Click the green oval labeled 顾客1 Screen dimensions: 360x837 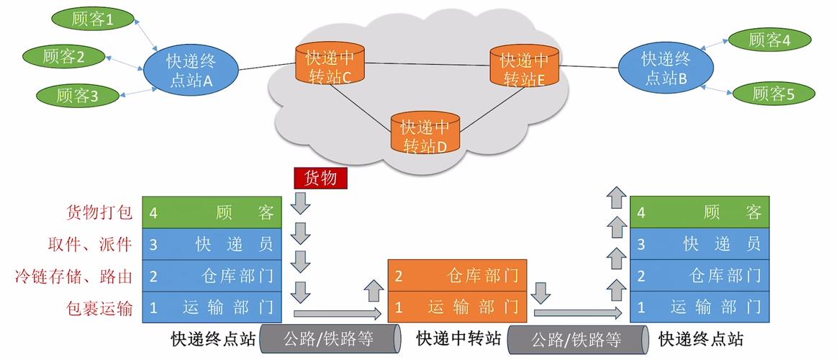pyautogui.click(x=93, y=19)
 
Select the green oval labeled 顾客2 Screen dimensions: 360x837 pyautogui.click(x=65, y=57)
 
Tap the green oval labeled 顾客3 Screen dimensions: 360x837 pyautogui.click(x=77, y=95)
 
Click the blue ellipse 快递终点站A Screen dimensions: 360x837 pyautogui.click(x=190, y=70)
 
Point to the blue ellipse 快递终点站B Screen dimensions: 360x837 pyautogui.click(x=666, y=68)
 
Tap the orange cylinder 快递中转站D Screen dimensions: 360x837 pyautogui.click(x=425, y=134)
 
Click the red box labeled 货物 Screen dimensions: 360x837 pyautogui.click(x=320, y=178)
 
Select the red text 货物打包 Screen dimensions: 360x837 pyautogui.click(x=99, y=212)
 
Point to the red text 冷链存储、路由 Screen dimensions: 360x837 pyautogui.click(x=74, y=276)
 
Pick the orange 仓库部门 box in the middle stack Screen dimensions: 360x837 pyautogui.click(x=457, y=276)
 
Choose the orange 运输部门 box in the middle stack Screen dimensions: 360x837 pyautogui.click(x=457, y=307)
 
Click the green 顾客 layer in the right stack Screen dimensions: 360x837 pyautogui.click(x=700, y=212)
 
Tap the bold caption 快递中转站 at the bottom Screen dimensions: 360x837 pyautogui.click(x=458, y=338)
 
